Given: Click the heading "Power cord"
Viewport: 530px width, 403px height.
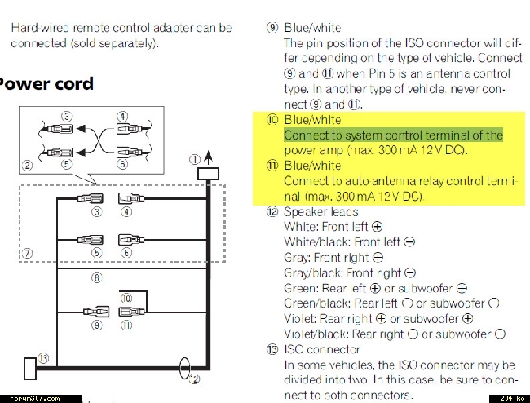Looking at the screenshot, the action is pos(46,84).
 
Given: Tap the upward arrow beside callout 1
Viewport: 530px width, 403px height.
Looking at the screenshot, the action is pos(209,157).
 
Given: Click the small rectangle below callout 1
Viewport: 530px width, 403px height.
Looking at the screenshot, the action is pos(208,174).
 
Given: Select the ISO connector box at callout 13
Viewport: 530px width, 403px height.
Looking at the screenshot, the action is pos(30,368).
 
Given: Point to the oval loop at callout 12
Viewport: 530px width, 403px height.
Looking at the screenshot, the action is pos(184,368).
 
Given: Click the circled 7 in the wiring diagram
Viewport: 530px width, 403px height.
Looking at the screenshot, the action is pos(28,253).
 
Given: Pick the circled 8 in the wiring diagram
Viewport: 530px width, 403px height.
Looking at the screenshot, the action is pos(97,277).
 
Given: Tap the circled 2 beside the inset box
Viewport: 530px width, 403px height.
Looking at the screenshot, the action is pos(28,166).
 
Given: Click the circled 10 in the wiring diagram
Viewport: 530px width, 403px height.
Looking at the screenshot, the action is pos(126,299).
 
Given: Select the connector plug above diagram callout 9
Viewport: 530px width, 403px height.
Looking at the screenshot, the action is pos(96,311).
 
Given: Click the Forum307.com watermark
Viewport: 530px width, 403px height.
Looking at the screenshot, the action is pos(34,398).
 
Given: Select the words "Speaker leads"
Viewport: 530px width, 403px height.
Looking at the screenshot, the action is pos(320,212).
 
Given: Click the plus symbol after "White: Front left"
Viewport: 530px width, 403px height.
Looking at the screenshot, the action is pos(377,227).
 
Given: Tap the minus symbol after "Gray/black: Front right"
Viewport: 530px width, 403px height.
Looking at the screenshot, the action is pos(410,272).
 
